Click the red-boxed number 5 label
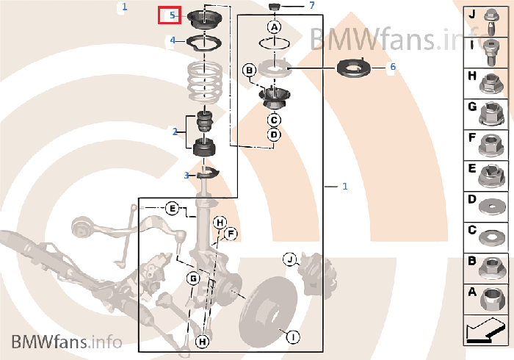(x=173, y=15)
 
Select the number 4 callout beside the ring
(x=173, y=40)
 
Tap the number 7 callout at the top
(x=312, y=5)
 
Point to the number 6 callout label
(x=393, y=67)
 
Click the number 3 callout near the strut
(x=187, y=176)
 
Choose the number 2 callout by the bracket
(x=175, y=132)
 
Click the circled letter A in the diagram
(x=274, y=27)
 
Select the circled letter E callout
(x=172, y=209)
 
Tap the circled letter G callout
(x=193, y=278)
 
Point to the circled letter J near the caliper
(x=290, y=259)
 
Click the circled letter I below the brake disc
(x=293, y=336)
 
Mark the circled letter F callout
(x=231, y=234)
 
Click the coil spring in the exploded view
(x=205, y=82)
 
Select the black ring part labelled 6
(x=354, y=68)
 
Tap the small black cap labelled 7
(x=275, y=6)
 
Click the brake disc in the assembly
(x=268, y=312)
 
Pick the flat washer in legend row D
(x=493, y=207)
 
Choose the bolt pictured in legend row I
(x=491, y=52)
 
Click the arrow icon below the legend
(x=485, y=331)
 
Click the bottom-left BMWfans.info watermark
(x=67, y=342)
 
